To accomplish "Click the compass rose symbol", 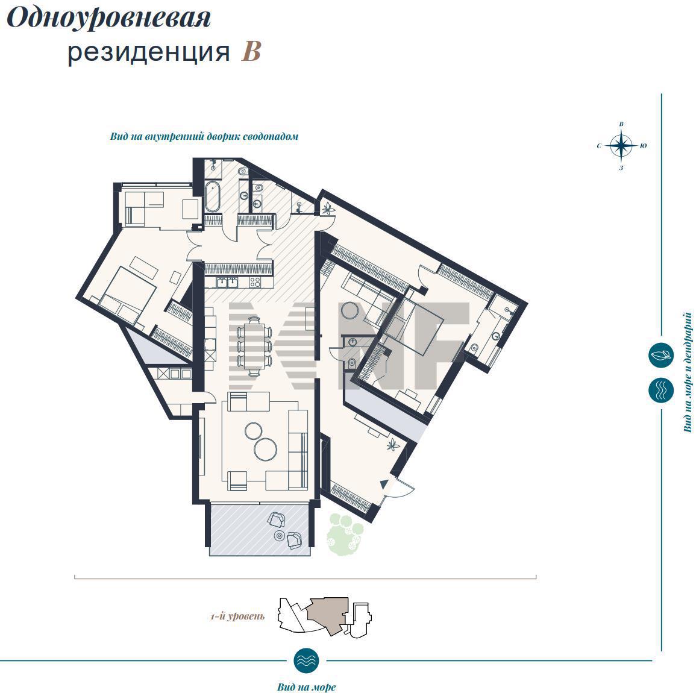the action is pos(621,146).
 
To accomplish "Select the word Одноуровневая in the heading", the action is pos(108,19).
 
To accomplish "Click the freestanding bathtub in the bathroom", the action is pos(212,196).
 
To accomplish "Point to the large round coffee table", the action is pos(265,449).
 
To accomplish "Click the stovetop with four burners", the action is pos(255,282).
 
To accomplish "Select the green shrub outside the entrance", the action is pos(345,534).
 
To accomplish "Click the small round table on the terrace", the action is pos(280,535).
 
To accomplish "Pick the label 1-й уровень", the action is pos(237,616).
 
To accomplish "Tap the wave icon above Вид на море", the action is pos(306,660).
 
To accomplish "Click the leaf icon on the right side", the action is pos(660,356).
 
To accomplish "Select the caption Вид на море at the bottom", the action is pos(306,687).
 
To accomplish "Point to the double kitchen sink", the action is pos(227,281).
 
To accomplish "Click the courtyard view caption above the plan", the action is pos(204,136).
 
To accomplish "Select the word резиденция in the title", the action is pos(148,52).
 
